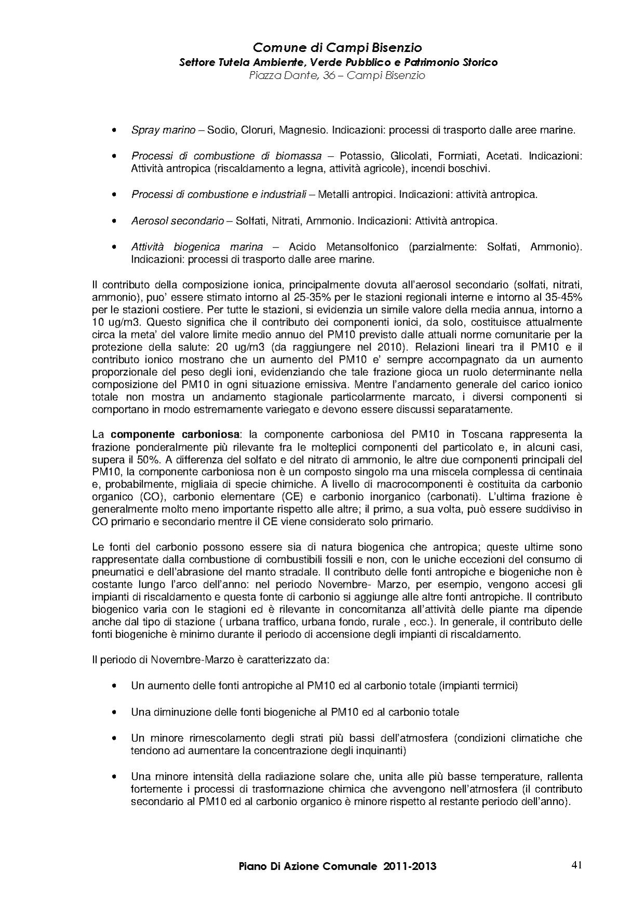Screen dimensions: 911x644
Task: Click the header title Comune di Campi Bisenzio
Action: tap(337, 48)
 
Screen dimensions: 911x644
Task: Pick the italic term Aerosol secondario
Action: tap(177, 221)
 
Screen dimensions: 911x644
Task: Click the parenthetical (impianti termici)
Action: tap(478, 686)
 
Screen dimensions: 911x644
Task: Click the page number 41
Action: tap(576, 865)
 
